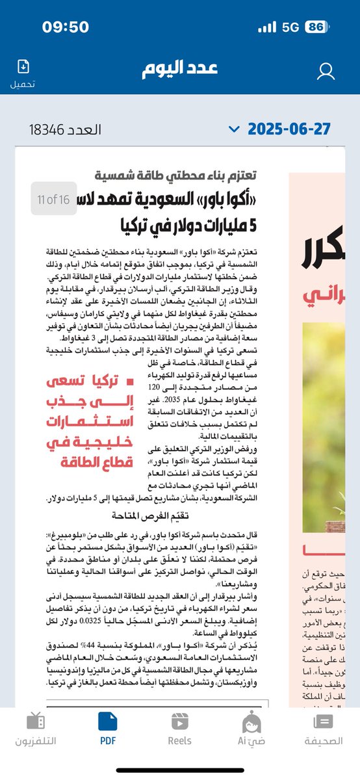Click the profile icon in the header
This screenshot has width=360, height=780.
coord(326,71)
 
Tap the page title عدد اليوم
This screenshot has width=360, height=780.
coord(180,70)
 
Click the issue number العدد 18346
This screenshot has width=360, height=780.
coord(65,129)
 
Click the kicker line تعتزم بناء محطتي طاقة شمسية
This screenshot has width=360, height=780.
coord(175,175)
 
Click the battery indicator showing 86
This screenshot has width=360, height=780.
coord(316,28)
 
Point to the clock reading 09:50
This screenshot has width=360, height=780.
coord(65,27)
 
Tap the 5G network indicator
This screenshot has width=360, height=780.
coord(291,28)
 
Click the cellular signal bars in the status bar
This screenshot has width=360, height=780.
coord(267,28)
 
